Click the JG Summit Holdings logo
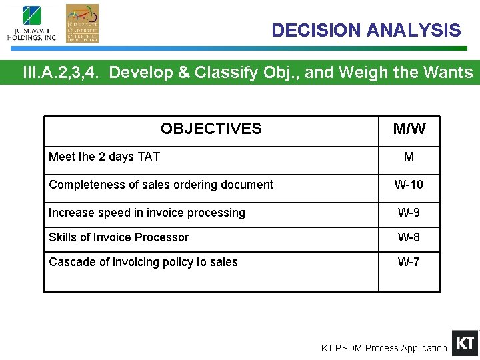[x=32, y=24]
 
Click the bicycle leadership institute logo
[x=82, y=23]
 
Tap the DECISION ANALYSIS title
[x=366, y=31]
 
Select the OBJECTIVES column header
[x=211, y=129]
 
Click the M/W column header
[x=409, y=129]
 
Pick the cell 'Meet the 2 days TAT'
[x=105, y=157]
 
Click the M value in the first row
[x=409, y=157]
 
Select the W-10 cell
[x=409, y=185]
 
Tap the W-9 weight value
[x=409, y=213]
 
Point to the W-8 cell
[x=409, y=237]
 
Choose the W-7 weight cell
[x=409, y=262]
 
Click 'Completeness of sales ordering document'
[x=161, y=185]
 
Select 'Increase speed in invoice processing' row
[x=147, y=213]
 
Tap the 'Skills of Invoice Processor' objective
[x=119, y=237]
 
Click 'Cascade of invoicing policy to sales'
[x=143, y=262]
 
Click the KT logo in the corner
[x=465, y=343]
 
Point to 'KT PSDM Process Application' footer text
[x=384, y=348]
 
